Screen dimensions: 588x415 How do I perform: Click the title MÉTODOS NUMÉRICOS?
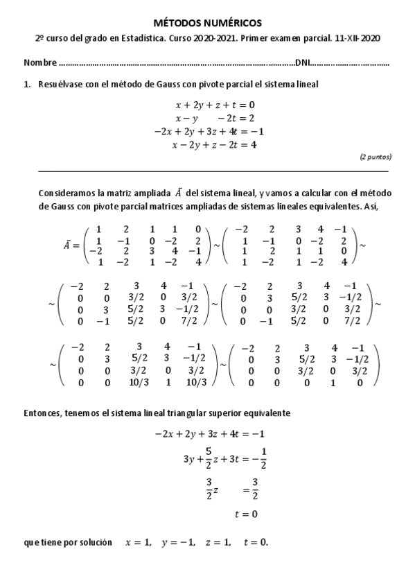(x=207, y=24)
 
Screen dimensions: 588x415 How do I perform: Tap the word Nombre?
(x=40, y=63)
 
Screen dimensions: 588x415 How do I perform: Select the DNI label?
(x=302, y=63)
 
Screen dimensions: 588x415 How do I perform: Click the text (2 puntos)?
(x=375, y=157)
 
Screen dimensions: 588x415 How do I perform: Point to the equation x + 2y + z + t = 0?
(x=215, y=105)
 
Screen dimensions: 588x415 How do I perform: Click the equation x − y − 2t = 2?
(x=215, y=119)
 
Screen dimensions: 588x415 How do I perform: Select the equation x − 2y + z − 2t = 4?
(x=215, y=145)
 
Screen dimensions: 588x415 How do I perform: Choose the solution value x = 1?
(x=138, y=542)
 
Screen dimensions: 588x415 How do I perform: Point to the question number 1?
(x=26, y=85)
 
